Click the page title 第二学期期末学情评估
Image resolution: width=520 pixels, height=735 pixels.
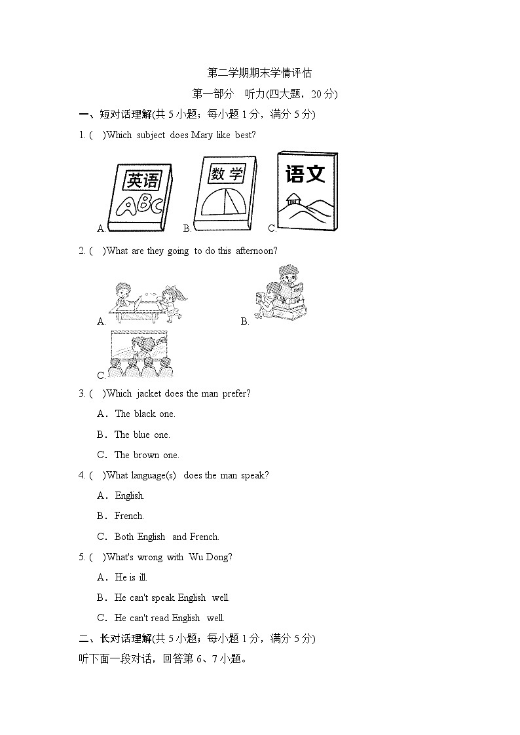[259, 73]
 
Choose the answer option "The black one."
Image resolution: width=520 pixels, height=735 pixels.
[145, 414]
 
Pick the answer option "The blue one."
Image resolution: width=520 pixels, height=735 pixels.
[141, 435]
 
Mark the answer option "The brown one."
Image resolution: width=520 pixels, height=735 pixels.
[146, 455]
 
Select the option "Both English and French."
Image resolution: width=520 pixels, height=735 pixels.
[166, 537]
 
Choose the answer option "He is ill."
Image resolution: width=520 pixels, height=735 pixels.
[131, 577]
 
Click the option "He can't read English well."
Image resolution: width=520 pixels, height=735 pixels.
[169, 618]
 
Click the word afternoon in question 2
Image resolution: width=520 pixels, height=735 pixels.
[256, 251]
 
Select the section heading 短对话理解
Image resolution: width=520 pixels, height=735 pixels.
[125, 115]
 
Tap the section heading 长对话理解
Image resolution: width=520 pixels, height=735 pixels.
[125, 638]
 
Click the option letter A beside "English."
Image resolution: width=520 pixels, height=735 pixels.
[102, 495]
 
